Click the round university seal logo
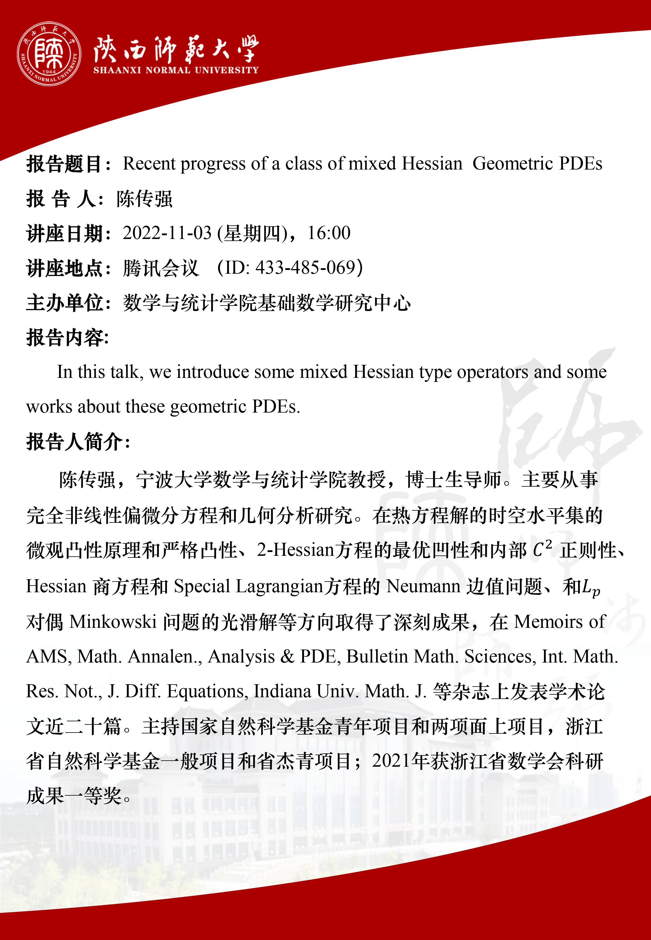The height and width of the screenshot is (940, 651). (49, 54)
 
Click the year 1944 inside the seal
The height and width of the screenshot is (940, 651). (49, 72)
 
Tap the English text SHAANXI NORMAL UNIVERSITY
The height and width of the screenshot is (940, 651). (176, 70)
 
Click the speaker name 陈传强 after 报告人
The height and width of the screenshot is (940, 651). (144, 199)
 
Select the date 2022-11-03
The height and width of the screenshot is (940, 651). (167, 233)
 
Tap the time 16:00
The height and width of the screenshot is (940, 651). (329, 233)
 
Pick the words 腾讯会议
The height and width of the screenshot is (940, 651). (161, 268)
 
